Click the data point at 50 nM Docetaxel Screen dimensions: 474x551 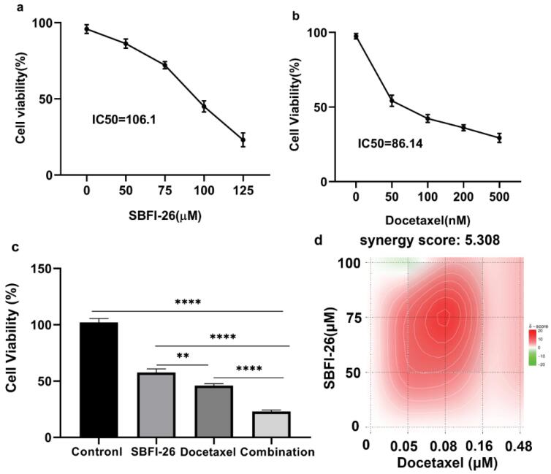point(392,101)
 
